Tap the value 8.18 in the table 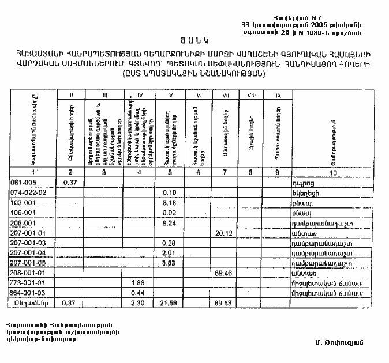pyautogui.click(x=169, y=203)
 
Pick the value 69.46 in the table pyautogui.click(x=222, y=272)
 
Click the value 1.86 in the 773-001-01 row pyautogui.click(x=137, y=282)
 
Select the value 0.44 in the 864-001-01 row pyautogui.click(x=137, y=292)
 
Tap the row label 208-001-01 pyautogui.click(x=28, y=272)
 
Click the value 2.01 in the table pyautogui.click(x=169, y=252)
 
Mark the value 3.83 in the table pyautogui.click(x=169, y=262)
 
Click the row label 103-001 pyautogui.click(x=23, y=203)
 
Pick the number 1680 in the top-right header pyautogui.click(x=320, y=32)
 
